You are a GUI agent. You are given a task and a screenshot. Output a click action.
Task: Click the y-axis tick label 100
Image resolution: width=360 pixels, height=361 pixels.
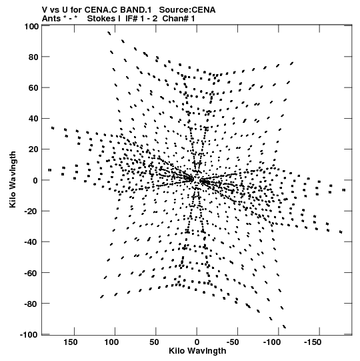(x=31, y=27)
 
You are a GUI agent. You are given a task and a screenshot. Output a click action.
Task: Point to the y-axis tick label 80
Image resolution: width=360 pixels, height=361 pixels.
(x=33, y=57)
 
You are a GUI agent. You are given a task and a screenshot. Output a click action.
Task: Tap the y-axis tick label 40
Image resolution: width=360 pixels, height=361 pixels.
(x=33, y=119)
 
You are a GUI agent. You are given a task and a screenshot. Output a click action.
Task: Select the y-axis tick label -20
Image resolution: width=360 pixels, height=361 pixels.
(x=31, y=211)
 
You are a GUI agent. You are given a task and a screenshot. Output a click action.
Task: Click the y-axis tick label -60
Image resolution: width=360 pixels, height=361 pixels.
(x=31, y=273)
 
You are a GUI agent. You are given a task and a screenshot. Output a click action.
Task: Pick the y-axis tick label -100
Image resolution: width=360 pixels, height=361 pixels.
(x=29, y=334)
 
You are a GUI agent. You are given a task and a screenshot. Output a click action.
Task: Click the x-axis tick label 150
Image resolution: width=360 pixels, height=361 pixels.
(x=71, y=342)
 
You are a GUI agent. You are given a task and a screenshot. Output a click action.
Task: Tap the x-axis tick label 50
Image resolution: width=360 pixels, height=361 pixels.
(x=154, y=342)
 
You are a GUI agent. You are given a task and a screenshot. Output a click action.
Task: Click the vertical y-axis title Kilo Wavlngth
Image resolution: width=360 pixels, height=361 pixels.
(x=13, y=179)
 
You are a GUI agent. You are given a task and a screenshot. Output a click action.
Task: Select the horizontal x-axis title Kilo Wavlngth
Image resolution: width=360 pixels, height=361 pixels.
(x=197, y=351)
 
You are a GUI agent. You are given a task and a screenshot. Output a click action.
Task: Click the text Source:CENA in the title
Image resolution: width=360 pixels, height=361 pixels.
(x=187, y=10)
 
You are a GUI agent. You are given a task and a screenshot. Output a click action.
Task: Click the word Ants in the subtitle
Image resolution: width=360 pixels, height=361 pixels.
(x=51, y=19)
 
